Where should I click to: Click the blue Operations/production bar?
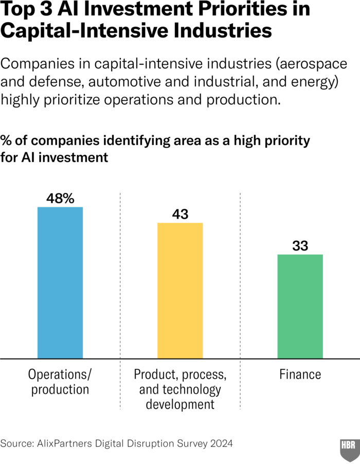pyautogui.click(x=60, y=282)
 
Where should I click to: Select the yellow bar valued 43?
pyautogui.click(x=180, y=290)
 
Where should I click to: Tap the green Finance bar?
pyautogui.click(x=300, y=306)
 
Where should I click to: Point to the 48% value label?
pyautogui.click(x=60, y=199)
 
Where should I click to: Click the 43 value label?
pyautogui.click(x=180, y=215)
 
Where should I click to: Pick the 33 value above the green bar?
pyautogui.click(x=300, y=246)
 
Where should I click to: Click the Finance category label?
pyautogui.click(x=300, y=374)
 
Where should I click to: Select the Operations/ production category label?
pyautogui.click(x=60, y=381)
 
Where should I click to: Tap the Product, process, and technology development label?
pyautogui.click(x=180, y=389)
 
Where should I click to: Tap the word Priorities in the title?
pyautogui.click(x=250, y=10)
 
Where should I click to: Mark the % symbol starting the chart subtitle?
pyautogui.click(x=6, y=141)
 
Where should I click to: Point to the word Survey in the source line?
pyautogui.click(x=190, y=443)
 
